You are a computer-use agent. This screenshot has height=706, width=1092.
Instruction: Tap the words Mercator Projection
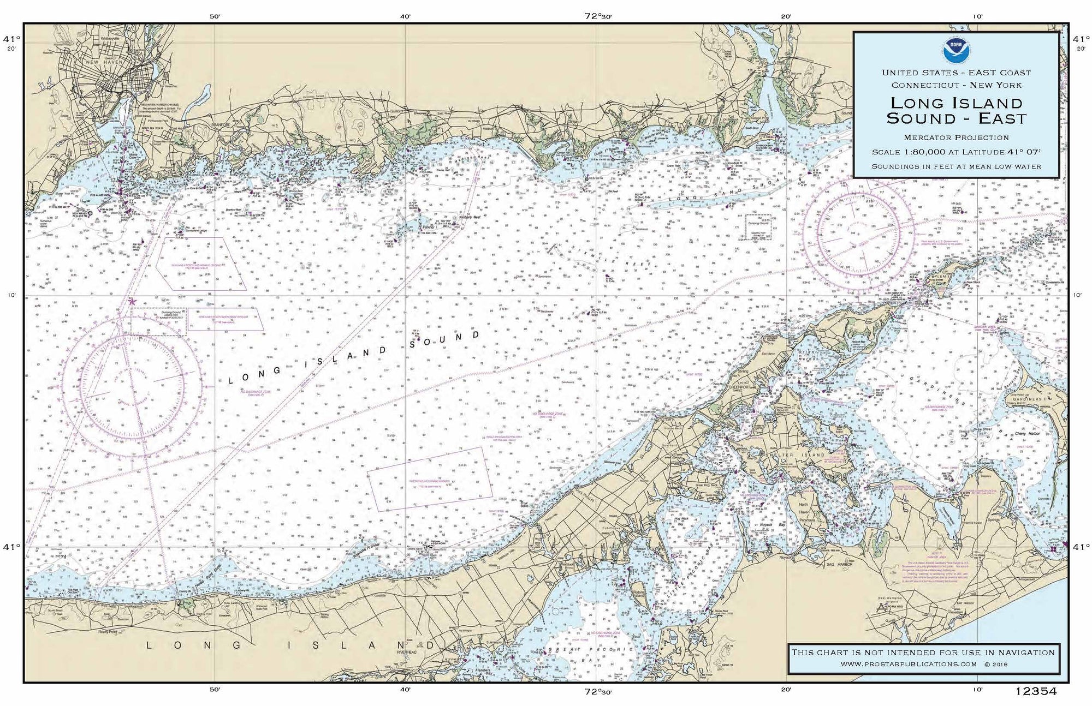pos(956,137)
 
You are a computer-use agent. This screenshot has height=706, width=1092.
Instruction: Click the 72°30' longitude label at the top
pos(597,16)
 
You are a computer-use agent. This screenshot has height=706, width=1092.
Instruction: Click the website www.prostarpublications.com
pos(909,664)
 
